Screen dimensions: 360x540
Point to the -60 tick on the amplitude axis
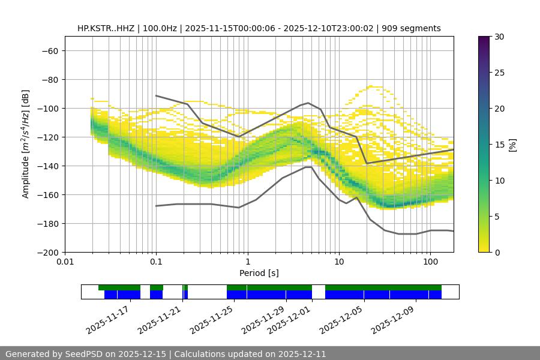coord(49,50)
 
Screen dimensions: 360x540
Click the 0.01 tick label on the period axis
coord(65,262)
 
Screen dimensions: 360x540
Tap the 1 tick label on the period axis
coord(247,262)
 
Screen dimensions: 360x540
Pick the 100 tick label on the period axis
coord(430,262)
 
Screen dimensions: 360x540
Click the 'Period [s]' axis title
coord(259,273)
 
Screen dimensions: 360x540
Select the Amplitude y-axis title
coord(25,144)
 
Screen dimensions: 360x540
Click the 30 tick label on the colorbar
coord(499,37)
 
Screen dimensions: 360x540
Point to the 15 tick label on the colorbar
coord(499,145)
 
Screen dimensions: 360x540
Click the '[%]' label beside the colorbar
coord(512,145)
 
